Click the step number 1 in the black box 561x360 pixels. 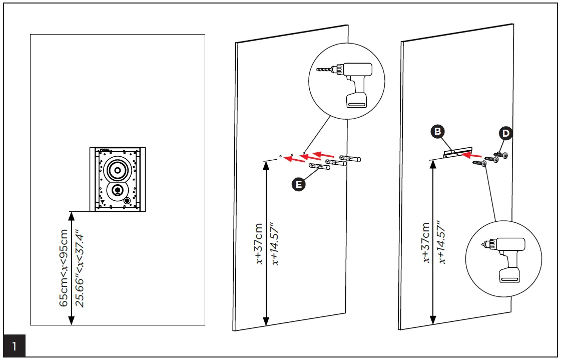pyautogui.click(x=14, y=346)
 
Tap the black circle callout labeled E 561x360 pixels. pyautogui.click(x=299, y=185)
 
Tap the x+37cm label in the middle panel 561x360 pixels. pyautogui.click(x=259, y=243)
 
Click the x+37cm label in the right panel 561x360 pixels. pyautogui.click(x=426, y=242)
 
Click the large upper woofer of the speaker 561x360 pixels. pyautogui.click(x=117, y=170)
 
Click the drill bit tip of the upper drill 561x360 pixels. pyautogui.click(x=319, y=71)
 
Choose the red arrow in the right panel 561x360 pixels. pyautogui.click(x=473, y=155)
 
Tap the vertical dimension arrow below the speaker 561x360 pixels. pyautogui.click(x=71, y=268)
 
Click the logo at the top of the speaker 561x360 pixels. pyautogui.click(x=105, y=149)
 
